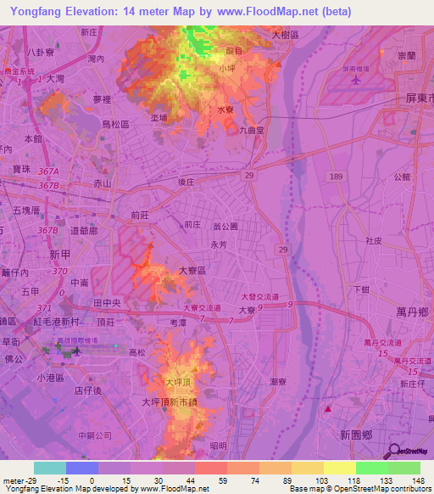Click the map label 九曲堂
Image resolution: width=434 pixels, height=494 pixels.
coord(253,131)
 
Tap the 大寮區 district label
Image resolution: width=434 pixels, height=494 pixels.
coord(193,271)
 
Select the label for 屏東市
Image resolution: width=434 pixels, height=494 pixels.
coord(418,98)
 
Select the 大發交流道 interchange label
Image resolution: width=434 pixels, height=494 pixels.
coord(259,296)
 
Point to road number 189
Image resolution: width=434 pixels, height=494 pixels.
coord(337,176)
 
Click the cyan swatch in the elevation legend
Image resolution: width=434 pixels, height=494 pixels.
coord(50,468)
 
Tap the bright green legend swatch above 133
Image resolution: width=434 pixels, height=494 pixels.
coord(372,468)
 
